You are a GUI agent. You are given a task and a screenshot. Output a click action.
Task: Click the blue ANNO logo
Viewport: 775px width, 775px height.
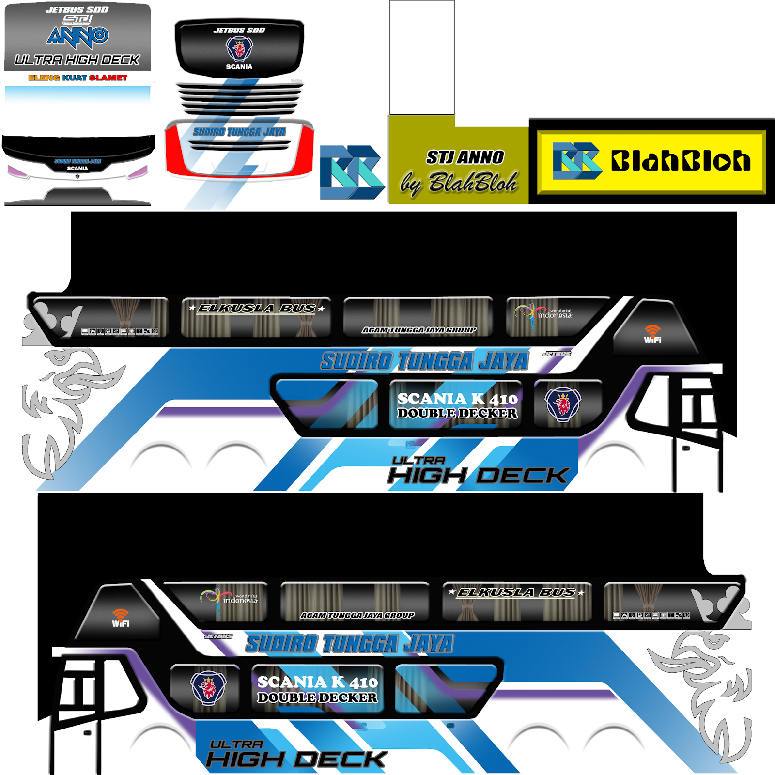point(77,37)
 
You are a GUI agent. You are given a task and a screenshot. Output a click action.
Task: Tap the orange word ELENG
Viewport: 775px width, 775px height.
point(44,77)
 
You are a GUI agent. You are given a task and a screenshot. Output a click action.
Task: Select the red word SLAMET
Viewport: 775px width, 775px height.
point(108,77)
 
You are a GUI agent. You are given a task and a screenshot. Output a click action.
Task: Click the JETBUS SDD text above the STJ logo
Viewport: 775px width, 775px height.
point(77,10)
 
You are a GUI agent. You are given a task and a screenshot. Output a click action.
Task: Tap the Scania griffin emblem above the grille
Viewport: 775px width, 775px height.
point(239,48)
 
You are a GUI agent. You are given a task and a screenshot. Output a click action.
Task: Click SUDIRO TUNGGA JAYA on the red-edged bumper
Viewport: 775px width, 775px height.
point(239,132)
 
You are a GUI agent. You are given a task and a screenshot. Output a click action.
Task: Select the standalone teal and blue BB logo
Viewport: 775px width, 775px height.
point(352,172)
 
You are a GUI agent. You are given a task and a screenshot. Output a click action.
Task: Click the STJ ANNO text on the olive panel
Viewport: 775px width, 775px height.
point(465,157)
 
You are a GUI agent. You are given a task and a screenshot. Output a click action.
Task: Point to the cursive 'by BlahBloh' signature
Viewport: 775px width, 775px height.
point(459,183)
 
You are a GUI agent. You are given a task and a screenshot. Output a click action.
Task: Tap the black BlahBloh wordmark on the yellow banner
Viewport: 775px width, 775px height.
point(681,161)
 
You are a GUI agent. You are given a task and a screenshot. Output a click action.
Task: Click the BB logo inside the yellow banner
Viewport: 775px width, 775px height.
point(577,161)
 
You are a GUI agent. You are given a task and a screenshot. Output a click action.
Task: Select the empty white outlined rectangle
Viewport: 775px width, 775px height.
point(422,57)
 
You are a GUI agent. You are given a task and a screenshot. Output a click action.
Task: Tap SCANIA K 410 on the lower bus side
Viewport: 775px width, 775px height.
point(317,682)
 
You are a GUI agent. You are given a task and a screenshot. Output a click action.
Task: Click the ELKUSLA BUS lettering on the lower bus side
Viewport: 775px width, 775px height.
point(516,592)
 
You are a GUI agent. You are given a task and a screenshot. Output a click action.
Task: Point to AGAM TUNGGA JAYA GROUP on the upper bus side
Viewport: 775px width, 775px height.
point(419,330)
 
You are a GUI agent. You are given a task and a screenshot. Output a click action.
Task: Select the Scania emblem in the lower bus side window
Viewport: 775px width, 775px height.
point(208,687)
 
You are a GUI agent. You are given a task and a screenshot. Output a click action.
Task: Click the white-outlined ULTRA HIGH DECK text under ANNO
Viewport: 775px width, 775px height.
point(77,60)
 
